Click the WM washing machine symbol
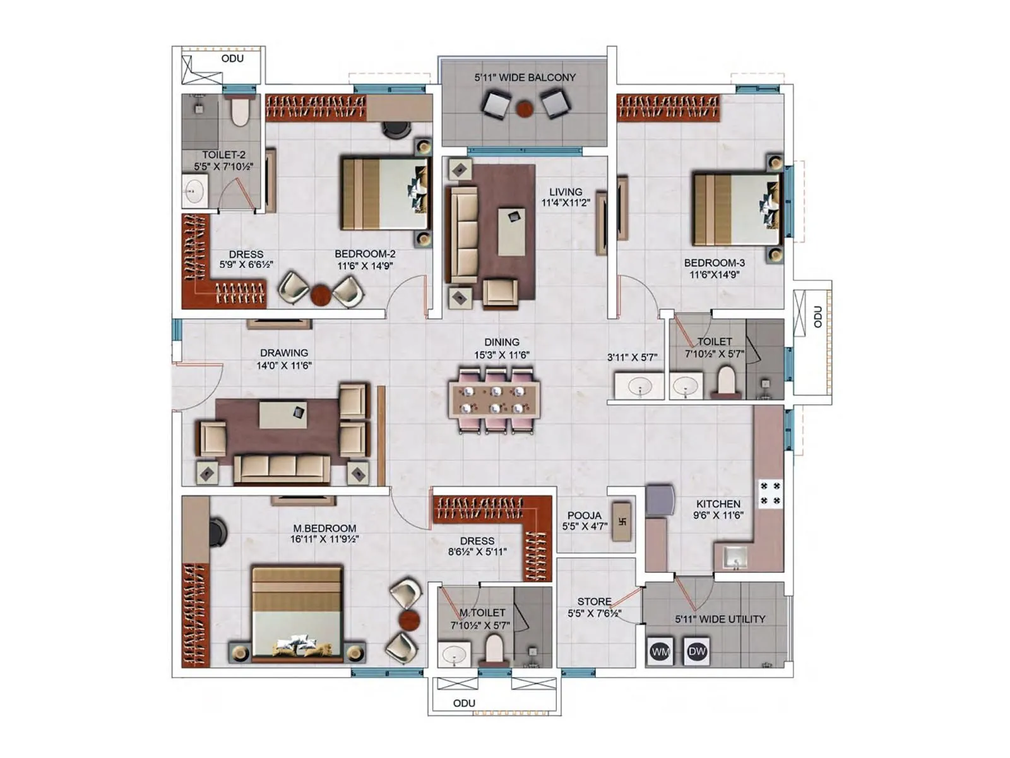(x=660, y=651)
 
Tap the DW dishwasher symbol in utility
(x=697, y=651)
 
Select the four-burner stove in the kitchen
(x=770, y=493)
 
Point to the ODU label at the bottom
(x=464, y=703)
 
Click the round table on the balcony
(x=525, y=109)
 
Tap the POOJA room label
(x=584, y=515)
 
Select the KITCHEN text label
(x=718, y=503)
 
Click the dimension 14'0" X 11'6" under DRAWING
(x=284, y=365)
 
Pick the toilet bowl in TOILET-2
(x=240, y=112)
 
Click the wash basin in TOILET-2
(x=194, y=190)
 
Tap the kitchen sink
(x=734, y=558)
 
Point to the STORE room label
(x=594, y=601)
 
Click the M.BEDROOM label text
(x=324, y=528)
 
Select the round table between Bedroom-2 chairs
(x=321, y=294)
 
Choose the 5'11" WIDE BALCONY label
(x=525, y=77)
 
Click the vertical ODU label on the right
(x=817, y=317)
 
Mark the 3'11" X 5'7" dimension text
(x=632, y=357)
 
